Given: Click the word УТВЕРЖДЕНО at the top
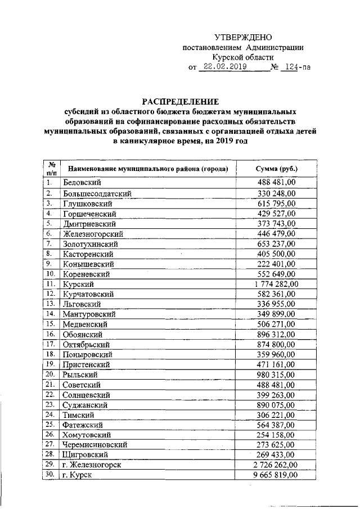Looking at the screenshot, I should [243, 37].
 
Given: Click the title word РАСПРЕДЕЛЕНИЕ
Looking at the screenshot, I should [179, 102].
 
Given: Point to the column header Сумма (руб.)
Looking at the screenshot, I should [276, 169].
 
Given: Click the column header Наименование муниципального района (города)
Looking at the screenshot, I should [147, 169].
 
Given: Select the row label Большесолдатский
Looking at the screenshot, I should [97, 193].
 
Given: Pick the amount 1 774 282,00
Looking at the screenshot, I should [276, 283].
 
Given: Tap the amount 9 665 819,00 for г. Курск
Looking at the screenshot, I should [276, 475].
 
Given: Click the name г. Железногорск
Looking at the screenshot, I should [92, 465].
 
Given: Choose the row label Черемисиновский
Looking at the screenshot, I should [94, 444].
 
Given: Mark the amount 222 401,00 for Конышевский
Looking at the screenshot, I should [276, 263].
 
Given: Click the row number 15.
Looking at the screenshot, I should [51, 324].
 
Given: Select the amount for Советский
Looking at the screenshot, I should [276, 384].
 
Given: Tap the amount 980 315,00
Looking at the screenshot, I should [276, 374].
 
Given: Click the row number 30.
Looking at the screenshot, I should [51, 475].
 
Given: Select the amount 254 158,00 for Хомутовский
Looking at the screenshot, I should [276, 435].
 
